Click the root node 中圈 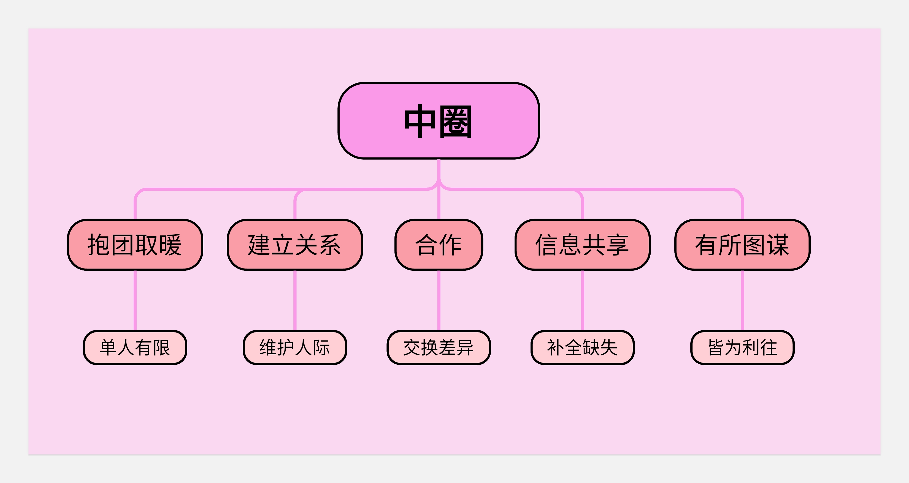click(x=439, y=121)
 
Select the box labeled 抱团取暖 click(x=135, y=245)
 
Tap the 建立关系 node click(x=295, y=245)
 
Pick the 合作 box click(x=439, y=245)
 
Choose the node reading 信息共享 click(x=582, y=245)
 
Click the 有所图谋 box click(x=742, y=245)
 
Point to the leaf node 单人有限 click(x=135, y=347)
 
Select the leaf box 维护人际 click(x=295, y=347)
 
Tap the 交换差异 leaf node click(x=439, y=347)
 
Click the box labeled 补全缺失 click(x=582, y=347)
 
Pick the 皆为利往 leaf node click(x=742, y=347)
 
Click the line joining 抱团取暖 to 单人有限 click(x=135, y=300)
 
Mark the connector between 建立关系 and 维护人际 click(x=295, y=300)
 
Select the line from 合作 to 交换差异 click(x=439, y=300)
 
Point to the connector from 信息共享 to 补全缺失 click(x=582, y=300)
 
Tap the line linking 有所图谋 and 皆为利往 click(x=742, y=300)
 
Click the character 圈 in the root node click(x=456, y=122)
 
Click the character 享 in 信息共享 click(x=618, y=245)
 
